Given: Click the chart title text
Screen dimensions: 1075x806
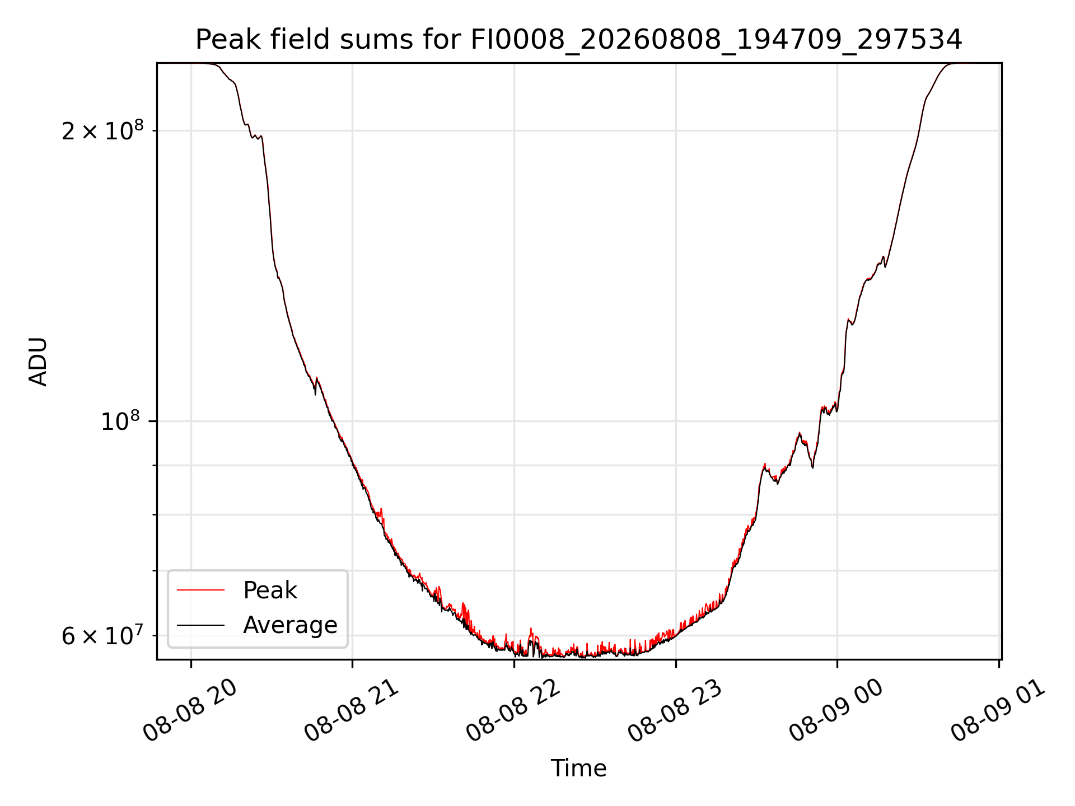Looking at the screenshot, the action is [x=579, y=40].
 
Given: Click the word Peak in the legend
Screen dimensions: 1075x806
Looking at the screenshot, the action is [x=270, y=591].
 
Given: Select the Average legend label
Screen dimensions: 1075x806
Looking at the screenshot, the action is [x=290, y=625].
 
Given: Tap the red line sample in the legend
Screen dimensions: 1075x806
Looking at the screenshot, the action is [x=200, y=590].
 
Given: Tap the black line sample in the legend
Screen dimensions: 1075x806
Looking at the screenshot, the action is [x=200, y=625].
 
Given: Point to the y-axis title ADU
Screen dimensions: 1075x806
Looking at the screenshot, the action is [x=38, y=362].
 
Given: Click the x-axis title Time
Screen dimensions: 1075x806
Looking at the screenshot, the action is [x=579, y=768].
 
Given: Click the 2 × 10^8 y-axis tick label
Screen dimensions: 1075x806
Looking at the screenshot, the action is [x=102, y=130].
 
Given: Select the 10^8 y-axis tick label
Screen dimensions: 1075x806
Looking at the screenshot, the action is [x=120, y=421].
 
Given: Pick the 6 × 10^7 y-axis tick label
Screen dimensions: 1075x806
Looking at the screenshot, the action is [x=102, y=635].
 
